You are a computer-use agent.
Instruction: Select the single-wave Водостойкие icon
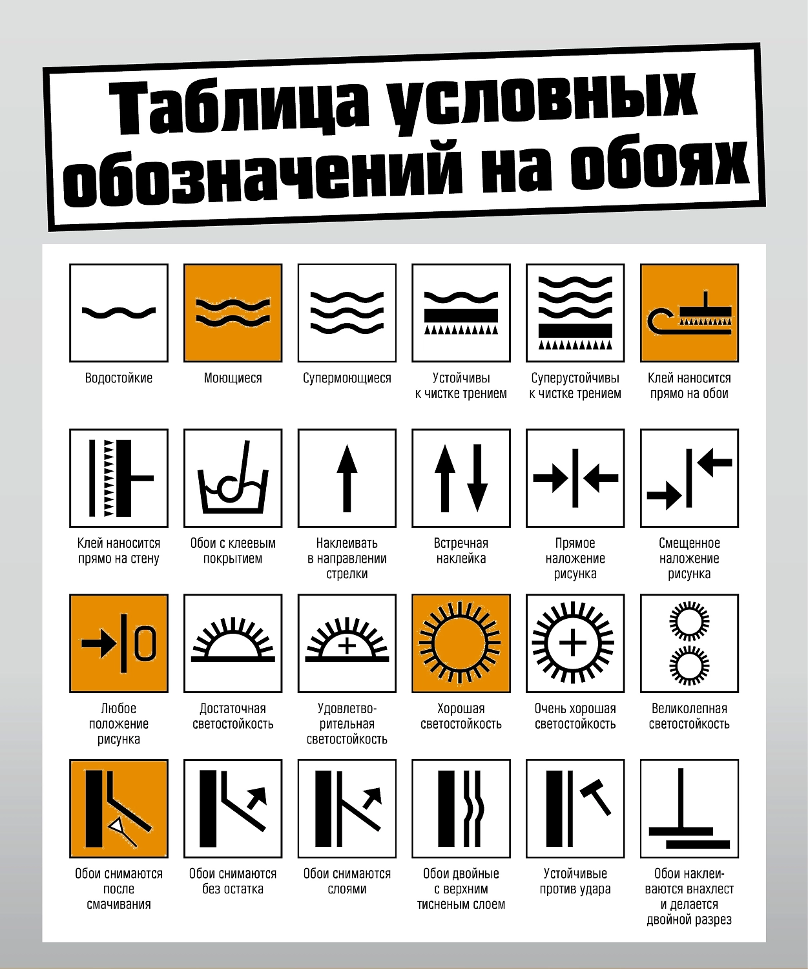click(x=119, y=313)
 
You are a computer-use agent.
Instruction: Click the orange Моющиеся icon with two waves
click(x=233, y=313)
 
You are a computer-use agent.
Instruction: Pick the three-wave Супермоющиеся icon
click(x=347, y=313)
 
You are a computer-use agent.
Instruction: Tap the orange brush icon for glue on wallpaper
click(x=689, y=313)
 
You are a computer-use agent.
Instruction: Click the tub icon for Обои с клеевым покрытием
click(x=233, y=478)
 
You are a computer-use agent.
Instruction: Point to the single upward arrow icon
click(x=347, y=478)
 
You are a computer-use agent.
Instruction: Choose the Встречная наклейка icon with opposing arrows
click(x=461, y=478)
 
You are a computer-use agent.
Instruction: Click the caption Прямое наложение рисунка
click(x=575, y=558)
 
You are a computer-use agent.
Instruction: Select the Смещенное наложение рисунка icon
click(x=689, y=478)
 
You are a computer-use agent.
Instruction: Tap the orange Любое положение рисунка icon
click(x=119, y=643)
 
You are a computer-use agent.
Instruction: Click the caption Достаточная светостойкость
click(x=233, y=716)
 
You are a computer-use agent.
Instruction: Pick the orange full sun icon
click(x=461, y=643)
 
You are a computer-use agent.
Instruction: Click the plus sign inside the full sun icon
click(x=573, y=643)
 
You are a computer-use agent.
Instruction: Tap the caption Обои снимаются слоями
click(x=347, y=881)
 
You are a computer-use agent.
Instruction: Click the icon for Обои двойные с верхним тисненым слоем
click(x=461, y=808)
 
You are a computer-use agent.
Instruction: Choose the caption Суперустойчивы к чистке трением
click(x=575, y=386)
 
